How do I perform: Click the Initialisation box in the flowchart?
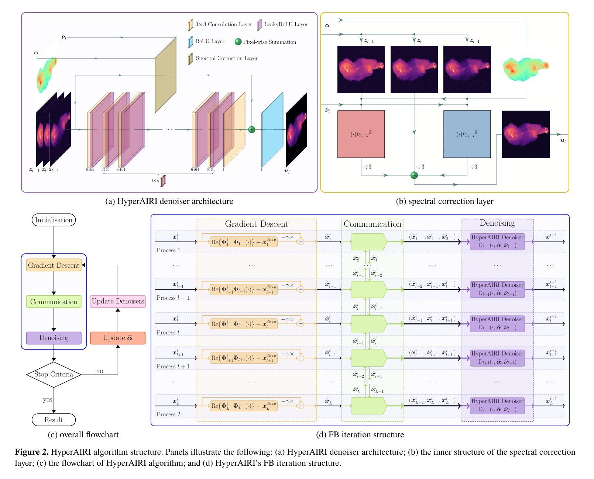pos(54,220)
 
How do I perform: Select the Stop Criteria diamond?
pos(54,374)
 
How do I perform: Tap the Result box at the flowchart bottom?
pos(54,420)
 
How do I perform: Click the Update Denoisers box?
pos(118,301)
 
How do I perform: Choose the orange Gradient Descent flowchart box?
pos(54,265)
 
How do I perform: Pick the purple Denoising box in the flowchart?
pos(54,338)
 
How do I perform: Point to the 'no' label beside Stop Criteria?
pos(100,371)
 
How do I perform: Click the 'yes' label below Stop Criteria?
pos(48,399)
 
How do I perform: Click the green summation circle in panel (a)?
pos(252,129)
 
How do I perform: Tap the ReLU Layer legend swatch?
pos(190,42)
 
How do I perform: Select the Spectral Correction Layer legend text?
pos(226,58)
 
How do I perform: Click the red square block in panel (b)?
pos(361,134)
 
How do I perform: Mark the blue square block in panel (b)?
pos(467,134)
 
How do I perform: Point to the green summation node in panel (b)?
pos(414,175)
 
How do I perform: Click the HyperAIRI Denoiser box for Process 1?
pos(497,242)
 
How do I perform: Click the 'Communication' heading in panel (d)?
pos(372,224)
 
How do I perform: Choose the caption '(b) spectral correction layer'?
pos(444,201)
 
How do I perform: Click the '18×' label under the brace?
pos(155,181)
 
